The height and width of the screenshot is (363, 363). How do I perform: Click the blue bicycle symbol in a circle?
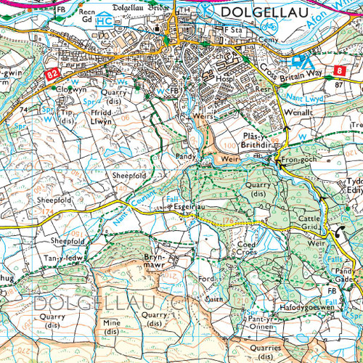click(208, 12)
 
